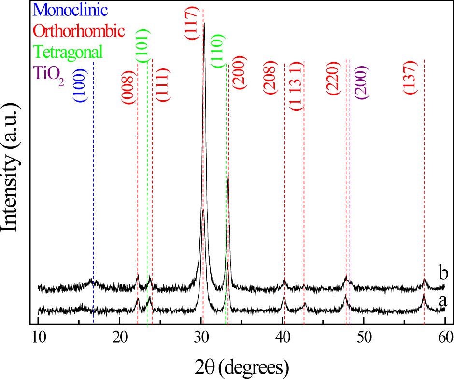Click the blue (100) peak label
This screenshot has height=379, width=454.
point(80,85)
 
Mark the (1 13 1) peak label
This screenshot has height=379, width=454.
point(297,86)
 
